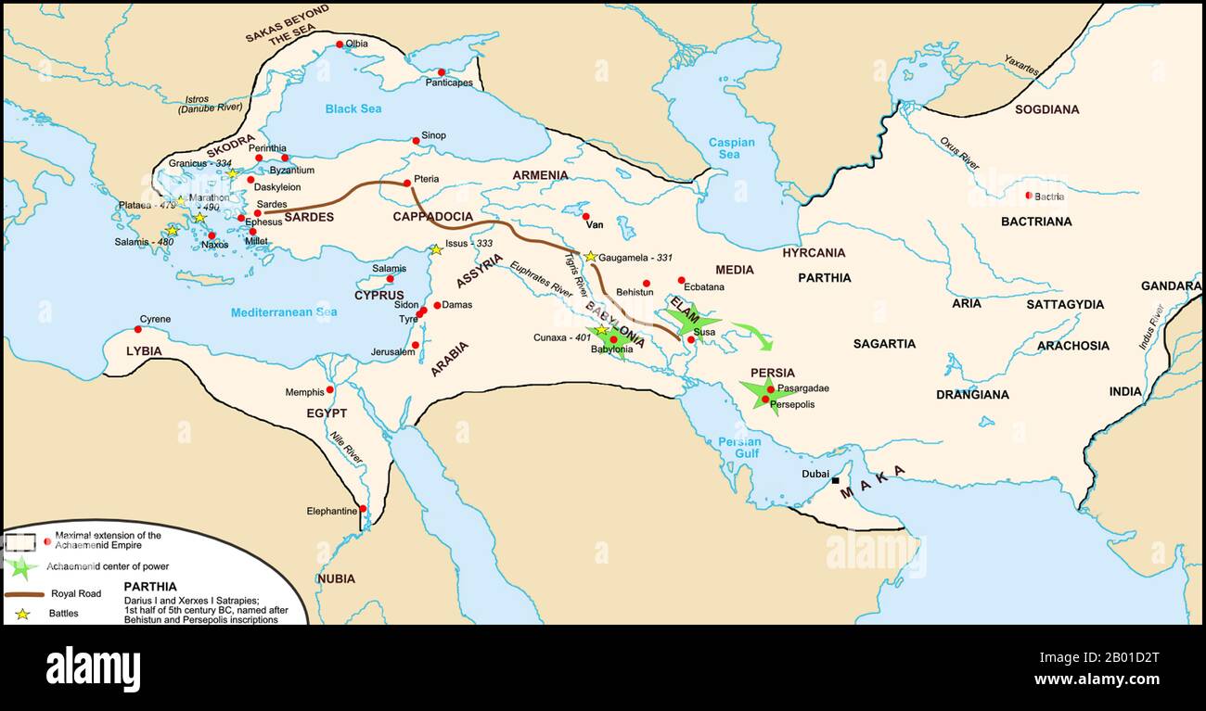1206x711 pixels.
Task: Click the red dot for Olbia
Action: [x=340, y=44]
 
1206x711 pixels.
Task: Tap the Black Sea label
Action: [x=353, y=108]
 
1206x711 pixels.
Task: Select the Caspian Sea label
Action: [x=731, y=148]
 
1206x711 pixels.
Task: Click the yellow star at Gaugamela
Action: [x=590, y=256]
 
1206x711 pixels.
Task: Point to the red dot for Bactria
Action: [x=1028, y=196]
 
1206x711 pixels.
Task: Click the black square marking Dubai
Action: [x=835, y=480]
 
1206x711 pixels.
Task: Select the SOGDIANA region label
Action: [x=1046, y=109]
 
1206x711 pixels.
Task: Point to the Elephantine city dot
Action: [x=364, y=509]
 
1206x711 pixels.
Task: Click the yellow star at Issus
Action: [x=435, y=249]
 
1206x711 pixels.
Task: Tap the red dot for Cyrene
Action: [x=137, y=329]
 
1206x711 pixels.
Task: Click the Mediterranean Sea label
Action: [x=284, y=312]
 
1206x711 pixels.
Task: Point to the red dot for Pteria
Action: [x=406, y=183]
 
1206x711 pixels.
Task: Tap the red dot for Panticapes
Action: [x=442, y=72]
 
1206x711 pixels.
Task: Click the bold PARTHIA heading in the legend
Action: [x=150, y=587]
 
